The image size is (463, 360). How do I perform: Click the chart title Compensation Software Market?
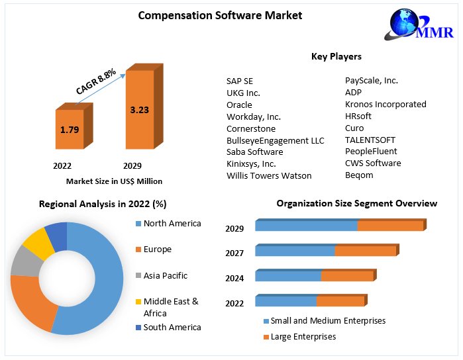219,15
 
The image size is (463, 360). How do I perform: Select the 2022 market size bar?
69,130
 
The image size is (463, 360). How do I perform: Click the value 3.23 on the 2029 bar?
140,110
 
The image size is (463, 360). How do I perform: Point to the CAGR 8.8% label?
96,81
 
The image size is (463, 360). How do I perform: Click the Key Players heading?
336,56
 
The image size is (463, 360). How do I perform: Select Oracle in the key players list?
239,105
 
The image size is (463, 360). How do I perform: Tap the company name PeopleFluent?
371,152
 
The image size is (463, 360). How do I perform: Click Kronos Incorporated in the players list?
386,104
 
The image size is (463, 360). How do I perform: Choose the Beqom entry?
359,175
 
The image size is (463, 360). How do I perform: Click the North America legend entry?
172,224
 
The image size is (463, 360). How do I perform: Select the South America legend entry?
172,327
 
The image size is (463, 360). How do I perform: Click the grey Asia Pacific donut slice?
25,261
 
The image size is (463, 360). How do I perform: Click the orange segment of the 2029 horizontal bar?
390,226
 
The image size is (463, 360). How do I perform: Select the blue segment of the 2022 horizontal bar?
285,302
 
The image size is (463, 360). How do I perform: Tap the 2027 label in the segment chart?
234,253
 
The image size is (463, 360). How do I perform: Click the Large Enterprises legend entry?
303,337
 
